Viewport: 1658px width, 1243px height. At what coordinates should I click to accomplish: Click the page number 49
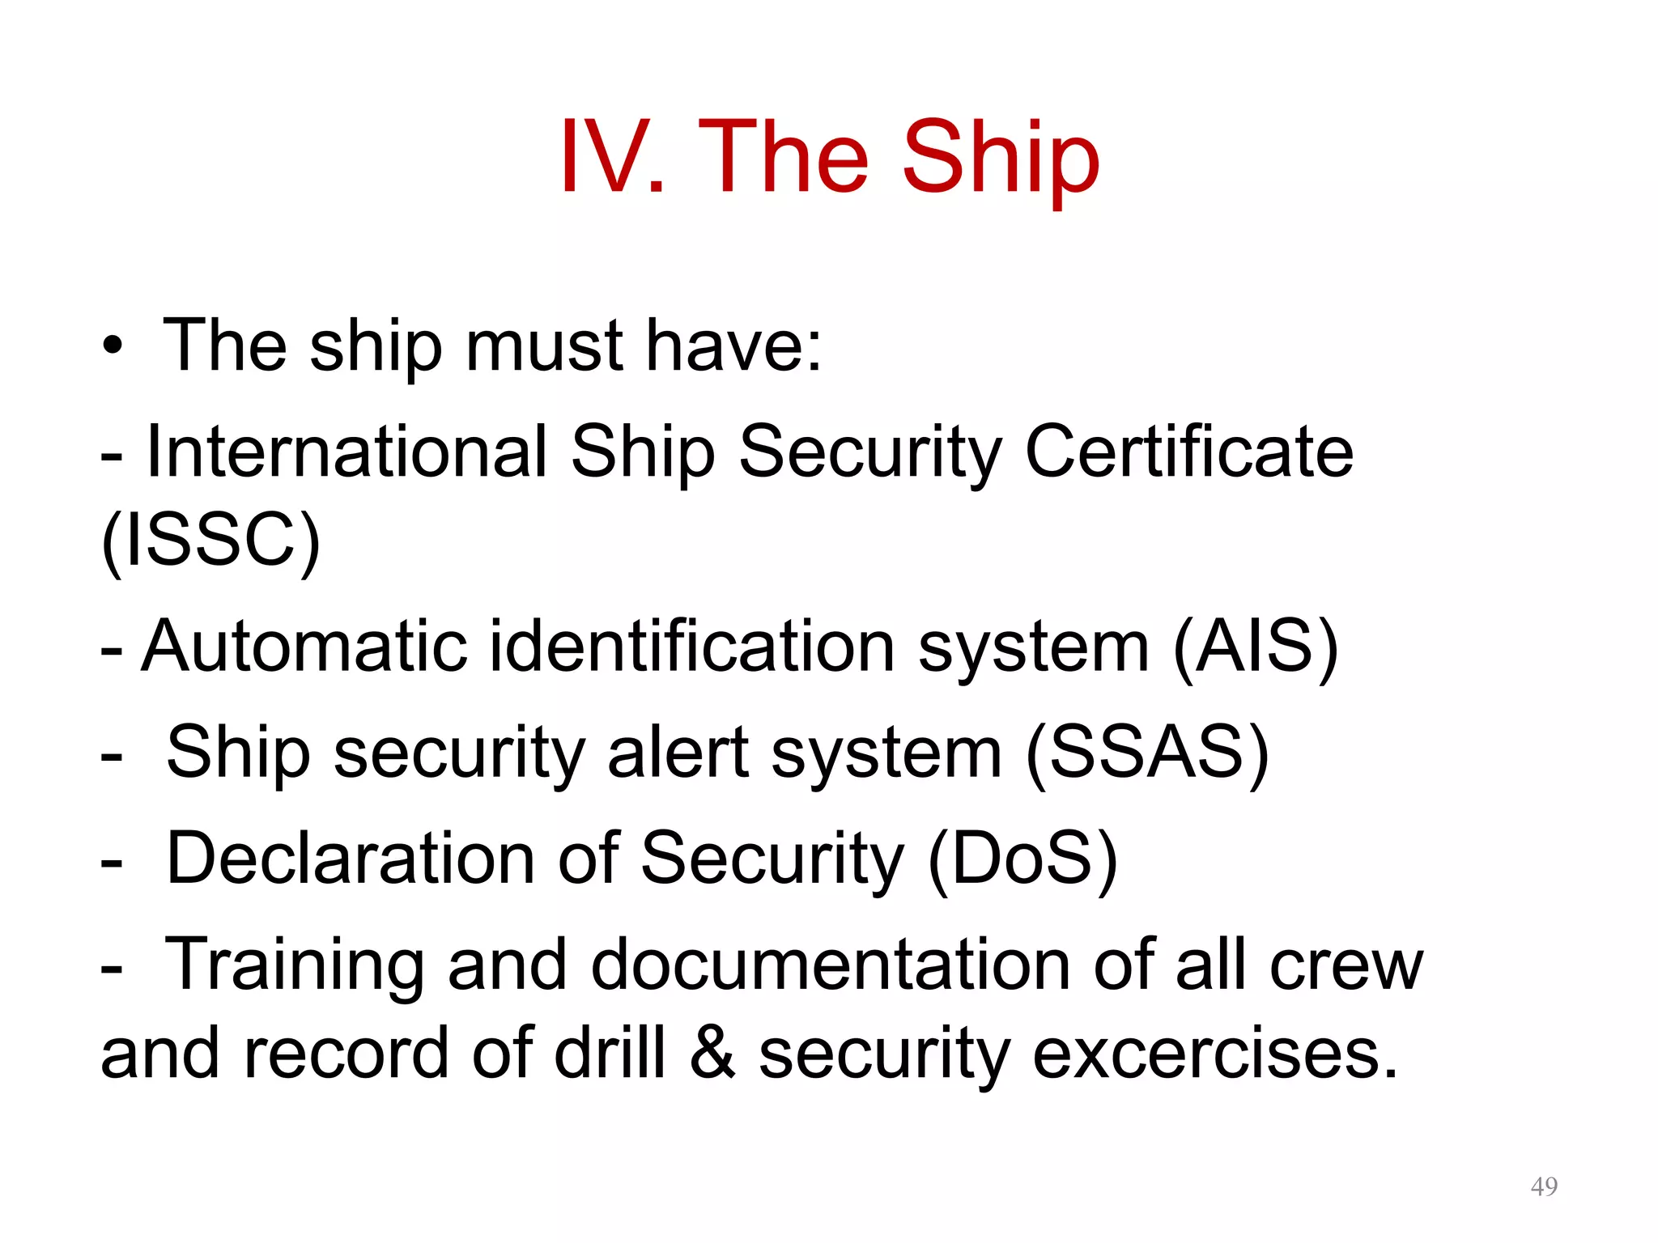pyautogui.click(x=1544, y=1186)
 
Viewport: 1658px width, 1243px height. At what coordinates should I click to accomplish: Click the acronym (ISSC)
pyautogui.click(x=210, y=541)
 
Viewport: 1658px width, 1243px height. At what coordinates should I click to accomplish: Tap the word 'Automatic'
pyautogui.click(x=304, y=647)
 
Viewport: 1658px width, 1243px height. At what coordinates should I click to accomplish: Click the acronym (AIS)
pyautogui.click(x=1255, y=647)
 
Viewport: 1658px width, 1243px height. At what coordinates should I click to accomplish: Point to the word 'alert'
pyautogui.click(x=678, y=753)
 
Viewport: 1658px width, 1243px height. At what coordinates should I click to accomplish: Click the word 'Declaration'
pyautogui.click(x=350, y=859)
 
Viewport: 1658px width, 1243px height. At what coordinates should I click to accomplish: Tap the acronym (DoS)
pyautogui.click(x=1022, y=859)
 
